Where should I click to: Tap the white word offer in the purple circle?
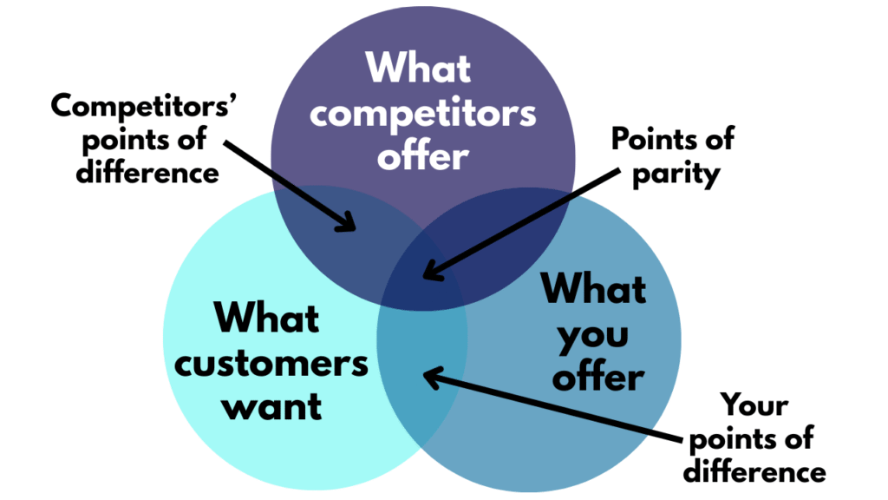coord(423,157)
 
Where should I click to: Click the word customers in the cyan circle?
coord(271,363)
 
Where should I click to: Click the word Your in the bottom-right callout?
coord(755,405)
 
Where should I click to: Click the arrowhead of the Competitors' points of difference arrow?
coord(350,227)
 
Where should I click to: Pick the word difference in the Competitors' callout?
coord(147,171)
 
